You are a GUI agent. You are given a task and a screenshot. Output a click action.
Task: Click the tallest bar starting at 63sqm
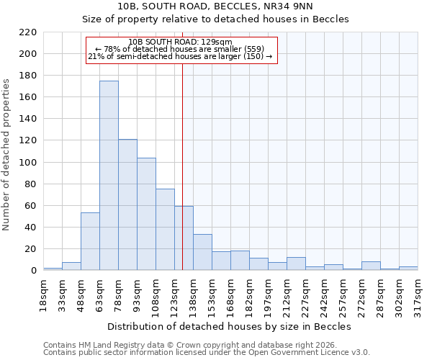point(109,176)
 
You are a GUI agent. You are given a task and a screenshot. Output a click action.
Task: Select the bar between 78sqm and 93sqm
point(127,204)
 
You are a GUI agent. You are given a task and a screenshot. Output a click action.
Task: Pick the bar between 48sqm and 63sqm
point(90,241)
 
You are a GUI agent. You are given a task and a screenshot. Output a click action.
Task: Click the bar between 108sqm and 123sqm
point(165,229)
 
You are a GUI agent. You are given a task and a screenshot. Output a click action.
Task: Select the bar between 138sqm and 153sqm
point(202,252)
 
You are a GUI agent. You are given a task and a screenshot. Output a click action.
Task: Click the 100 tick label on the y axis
point(28,163)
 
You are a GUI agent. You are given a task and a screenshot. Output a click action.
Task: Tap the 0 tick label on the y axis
point(33,271)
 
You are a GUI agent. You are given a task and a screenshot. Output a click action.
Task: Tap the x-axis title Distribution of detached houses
point(230,326)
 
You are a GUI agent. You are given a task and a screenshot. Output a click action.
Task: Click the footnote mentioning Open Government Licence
point(207,352)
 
